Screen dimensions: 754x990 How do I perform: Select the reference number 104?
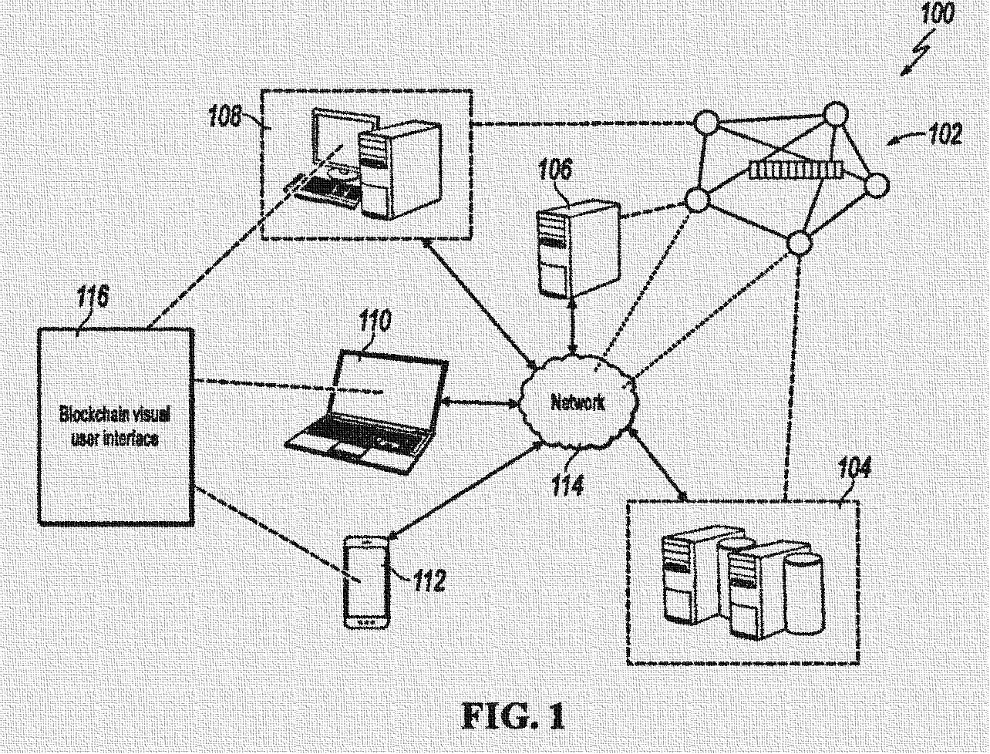[854, 468]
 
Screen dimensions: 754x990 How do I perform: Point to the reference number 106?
[556, 170]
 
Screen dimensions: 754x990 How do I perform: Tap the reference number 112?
[428, 580]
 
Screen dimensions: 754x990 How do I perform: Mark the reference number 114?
[567, 485]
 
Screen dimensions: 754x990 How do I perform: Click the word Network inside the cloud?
[577, 402]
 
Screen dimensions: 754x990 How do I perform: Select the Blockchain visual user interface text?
[115, 426]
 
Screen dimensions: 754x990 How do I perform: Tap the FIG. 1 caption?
[513, 717]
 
